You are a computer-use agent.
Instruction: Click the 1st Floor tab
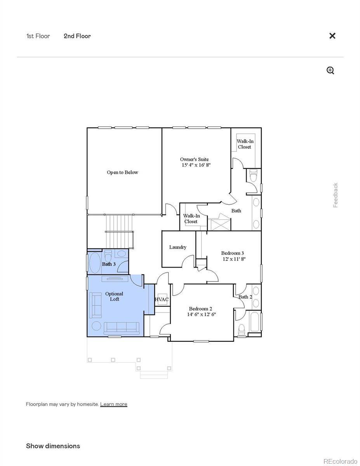[38, 36]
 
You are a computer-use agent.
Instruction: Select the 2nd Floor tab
[77, 36]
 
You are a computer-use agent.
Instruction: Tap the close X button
[332, 36]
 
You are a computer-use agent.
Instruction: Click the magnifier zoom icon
[330, 70]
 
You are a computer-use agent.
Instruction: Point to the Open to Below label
[122, 172]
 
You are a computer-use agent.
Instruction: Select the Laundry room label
[177, 247]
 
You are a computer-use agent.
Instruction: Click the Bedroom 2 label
[201, 311]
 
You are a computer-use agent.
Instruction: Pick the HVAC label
[162, 299]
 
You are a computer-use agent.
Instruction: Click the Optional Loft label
[114, 296]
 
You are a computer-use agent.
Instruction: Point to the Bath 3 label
[109, 264]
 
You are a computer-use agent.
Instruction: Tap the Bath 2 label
[245, 297]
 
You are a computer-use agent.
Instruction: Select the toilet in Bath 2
[242, 330]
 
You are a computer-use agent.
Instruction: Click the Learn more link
[113, 404]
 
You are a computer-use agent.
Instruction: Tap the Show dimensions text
[53, 446]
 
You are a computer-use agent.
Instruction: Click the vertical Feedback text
[336, 195]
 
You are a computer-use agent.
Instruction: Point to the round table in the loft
[96, 326]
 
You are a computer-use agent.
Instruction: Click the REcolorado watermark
[340, 461]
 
